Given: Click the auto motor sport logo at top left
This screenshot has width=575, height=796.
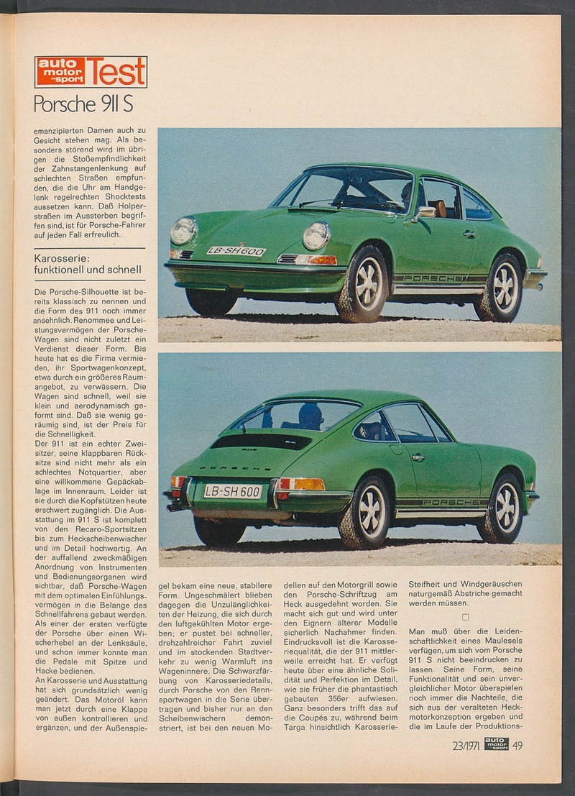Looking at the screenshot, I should click(60, 72).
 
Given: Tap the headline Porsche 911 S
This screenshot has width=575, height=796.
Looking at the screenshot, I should click(83, 104).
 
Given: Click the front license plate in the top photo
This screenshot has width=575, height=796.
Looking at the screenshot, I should click(236, 251).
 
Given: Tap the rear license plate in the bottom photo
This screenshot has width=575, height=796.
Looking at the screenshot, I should click(232, 491).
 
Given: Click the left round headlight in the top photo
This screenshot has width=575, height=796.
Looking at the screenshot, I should click(184, 231).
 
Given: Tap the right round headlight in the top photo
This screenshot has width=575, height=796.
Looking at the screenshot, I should click(316, 236).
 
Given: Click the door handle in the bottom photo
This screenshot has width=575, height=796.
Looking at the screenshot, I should click(418, 457).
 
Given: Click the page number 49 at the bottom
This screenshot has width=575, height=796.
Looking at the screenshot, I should click(517, 745).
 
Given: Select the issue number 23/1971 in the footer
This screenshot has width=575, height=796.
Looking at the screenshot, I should click(466, 745).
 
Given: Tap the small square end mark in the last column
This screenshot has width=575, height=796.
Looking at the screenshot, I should click(465, 617).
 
